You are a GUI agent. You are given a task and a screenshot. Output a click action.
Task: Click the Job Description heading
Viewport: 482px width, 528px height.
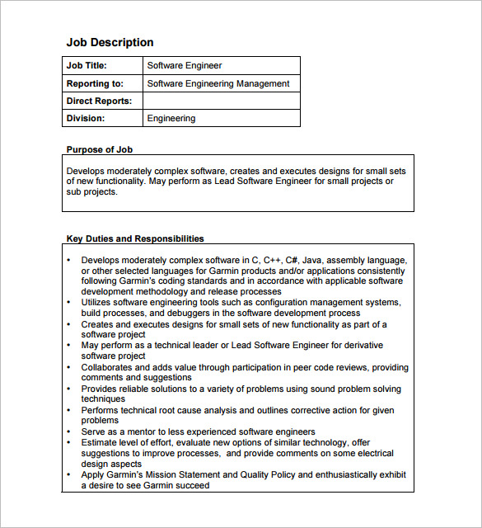click(x=110, y=43)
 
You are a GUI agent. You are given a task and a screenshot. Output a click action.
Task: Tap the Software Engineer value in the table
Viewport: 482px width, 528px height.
click(x=185, y=66)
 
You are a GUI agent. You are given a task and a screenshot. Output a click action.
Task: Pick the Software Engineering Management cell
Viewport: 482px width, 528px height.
click(x=218, y=83)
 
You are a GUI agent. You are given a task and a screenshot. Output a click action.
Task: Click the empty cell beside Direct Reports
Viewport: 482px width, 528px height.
click(x=221, y=101)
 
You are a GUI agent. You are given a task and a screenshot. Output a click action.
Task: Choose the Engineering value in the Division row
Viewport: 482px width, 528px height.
click(x=171, y=118)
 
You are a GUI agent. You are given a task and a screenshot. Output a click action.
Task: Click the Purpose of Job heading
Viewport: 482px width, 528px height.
click(x=100, y=149)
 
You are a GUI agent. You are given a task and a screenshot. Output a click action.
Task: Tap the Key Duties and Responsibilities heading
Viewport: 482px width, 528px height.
click(x=135, y=238)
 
